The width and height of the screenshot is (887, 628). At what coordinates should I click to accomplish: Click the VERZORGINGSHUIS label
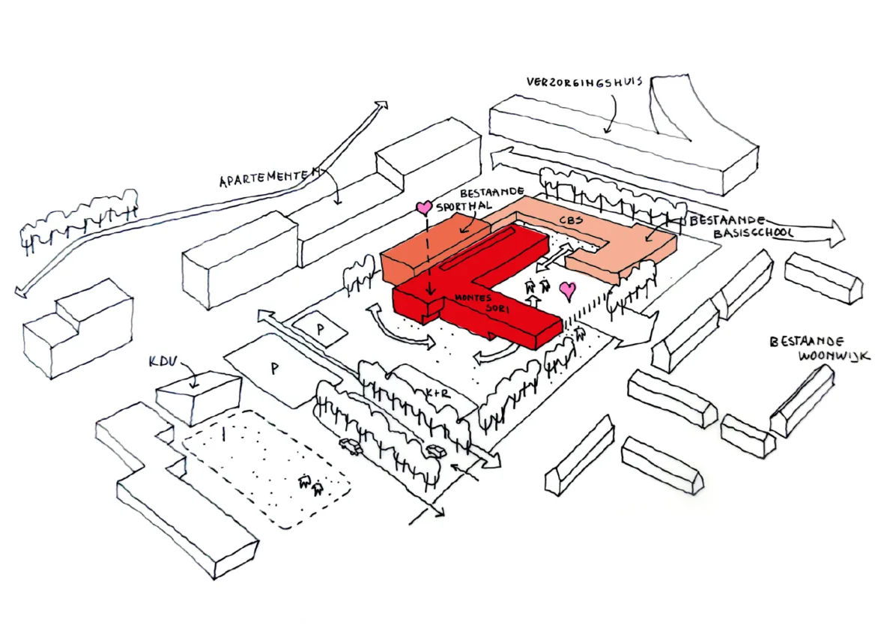tap(584, 82)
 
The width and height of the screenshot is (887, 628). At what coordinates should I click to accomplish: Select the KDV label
tap(163, 361)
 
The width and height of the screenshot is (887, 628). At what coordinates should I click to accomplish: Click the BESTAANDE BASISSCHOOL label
tap(740, 226)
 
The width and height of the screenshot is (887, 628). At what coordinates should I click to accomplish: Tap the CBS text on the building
tap(571, 220)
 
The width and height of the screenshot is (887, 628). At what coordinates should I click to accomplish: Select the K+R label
tap(439, 393)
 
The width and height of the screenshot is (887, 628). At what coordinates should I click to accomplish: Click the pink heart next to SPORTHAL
tap(424, 208)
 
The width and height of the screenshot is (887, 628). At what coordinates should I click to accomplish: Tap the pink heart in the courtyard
tap(569, 291)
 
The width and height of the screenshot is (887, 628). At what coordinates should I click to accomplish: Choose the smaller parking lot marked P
tap(320, 328)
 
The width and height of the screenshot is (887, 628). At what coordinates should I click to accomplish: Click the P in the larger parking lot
tap(274, 369)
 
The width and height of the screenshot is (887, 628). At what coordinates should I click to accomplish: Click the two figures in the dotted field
tap(311, 485)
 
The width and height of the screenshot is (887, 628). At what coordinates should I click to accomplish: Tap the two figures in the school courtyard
tap(537, 287)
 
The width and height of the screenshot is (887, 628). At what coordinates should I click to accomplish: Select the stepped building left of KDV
tap(77, 328)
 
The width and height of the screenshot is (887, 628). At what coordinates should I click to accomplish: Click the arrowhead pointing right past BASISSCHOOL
tap(835, 233)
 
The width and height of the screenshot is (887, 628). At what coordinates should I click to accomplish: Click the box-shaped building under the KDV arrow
tap(198, 398)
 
